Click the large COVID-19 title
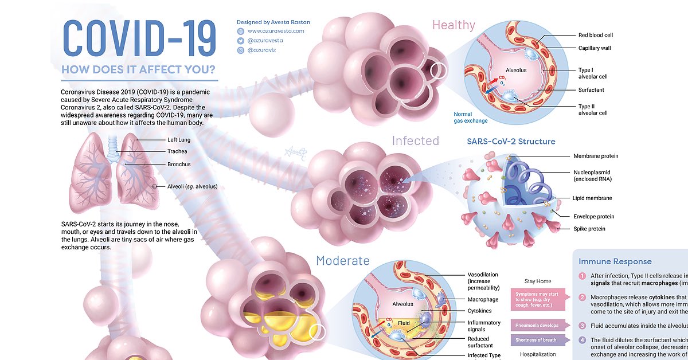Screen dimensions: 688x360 pyautogui.click(x=138, y=39)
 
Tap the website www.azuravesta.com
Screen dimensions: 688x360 pyautogui.click(x=276, y=31)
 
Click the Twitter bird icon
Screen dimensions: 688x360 pyautogui.click(x=241, y=41)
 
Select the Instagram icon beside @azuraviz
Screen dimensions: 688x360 pyautogui.click(x=241, y=50)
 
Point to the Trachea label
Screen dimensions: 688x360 pyautogui.click(x=178, y=152)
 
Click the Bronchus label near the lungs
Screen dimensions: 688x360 pyautogui.click(x=179, y=165)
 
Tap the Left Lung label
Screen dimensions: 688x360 pyautogui.click(x=179, y=140)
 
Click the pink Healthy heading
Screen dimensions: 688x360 pyautogui.click(x=453, y=25)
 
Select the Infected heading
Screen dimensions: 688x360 pyautogui.click(x=415, y=141)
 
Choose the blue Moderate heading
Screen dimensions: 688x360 pyautogui.click(x=342, y=261)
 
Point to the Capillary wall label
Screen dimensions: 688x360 pyautogui.click(x=595, y=48)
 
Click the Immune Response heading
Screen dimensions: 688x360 pyautogui.click(x=615, y=262)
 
